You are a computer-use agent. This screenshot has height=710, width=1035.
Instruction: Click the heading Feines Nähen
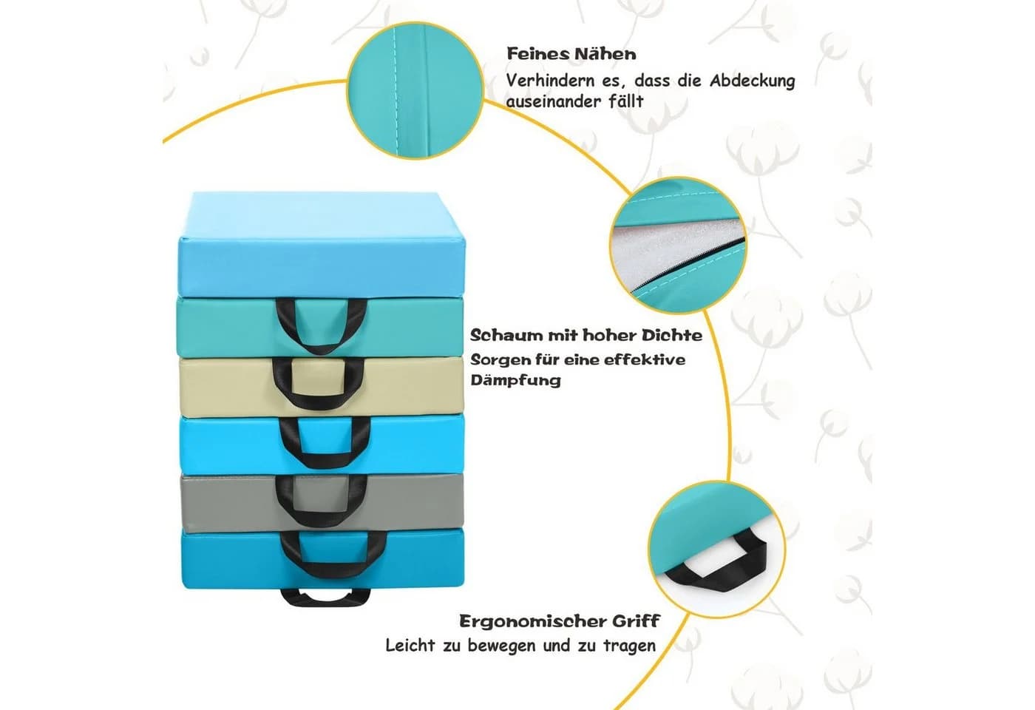click(x=571, y=54)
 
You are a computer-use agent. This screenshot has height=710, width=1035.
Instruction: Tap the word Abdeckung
click(x=753, y=81)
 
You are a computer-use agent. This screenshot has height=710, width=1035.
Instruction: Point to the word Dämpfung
click(x=516, y=380)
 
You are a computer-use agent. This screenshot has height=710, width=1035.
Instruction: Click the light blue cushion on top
click(x=322, y=243)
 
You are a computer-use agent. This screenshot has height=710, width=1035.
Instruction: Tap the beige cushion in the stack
click(x=322, y=386)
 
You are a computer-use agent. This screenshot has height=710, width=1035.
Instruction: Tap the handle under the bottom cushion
click(x=326, y=598)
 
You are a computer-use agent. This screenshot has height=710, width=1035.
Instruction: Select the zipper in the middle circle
click(x=688, y=266)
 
